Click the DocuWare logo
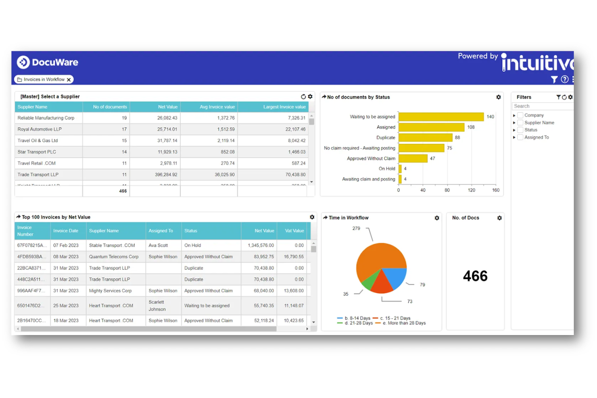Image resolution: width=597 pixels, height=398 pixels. (x=47, y=62)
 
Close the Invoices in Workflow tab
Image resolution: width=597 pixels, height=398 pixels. (x=69, y=80)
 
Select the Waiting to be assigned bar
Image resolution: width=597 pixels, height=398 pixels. (x=440, y=117)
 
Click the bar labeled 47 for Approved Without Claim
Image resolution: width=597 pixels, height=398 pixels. (x=413, y=158)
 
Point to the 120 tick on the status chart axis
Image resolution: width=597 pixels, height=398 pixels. (x=471, y=190)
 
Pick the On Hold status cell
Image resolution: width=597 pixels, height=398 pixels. (x=192, y=245)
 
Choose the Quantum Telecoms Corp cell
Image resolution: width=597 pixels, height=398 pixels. (x=113, y=256)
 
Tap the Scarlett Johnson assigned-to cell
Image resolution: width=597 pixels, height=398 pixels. (x=157, y=306)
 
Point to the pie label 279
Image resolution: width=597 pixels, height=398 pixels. (x=356, y=228)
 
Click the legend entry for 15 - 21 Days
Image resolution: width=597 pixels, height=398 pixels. (x=395, y=318)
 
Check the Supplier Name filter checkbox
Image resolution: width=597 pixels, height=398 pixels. (x=520, y=123)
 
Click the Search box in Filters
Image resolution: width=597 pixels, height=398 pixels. (x=542, y=106)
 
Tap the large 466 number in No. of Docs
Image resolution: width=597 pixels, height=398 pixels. (x=475, y=276)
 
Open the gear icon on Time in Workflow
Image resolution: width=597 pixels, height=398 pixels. (x=437, y=218)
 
